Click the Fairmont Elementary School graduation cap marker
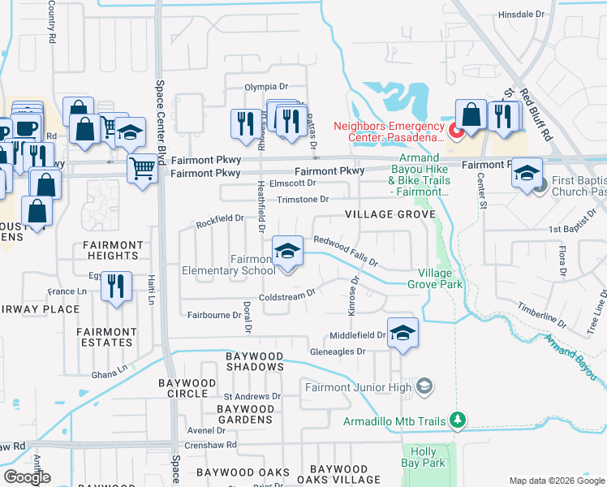click(287, 252)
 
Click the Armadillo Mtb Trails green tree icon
click(458, 420)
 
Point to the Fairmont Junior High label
click(359, 387)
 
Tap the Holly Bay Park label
click(429, 457)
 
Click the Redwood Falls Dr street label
click(347, 251)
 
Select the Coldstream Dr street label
click(286, 296)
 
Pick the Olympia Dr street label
click(267, 86)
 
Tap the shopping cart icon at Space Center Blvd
click(142, 170)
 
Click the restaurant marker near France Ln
click(116, 287)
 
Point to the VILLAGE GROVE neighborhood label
click(390, 214)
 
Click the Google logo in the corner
click(27, 477)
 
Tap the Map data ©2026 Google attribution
click(556, 481)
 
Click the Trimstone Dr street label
click(302, 200)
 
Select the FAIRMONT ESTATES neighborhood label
click(106, 337)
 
